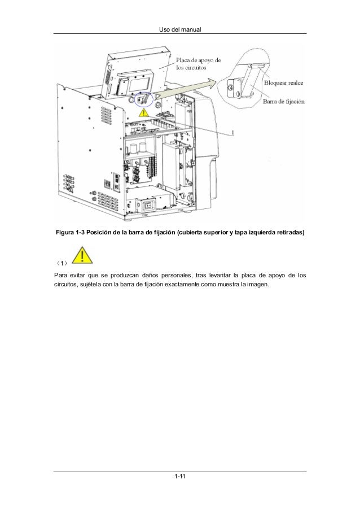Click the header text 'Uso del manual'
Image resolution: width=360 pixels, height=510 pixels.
pyautogui.click(x=179, y=28)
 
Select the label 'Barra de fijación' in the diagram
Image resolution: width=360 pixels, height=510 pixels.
pyautogui.click(x=284, y=102)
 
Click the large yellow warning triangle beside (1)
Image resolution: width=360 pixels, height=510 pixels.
pyautogui.click(x=82, y=255)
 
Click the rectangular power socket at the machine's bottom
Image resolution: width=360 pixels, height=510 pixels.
pyautogui.click(x=151, y=206)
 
